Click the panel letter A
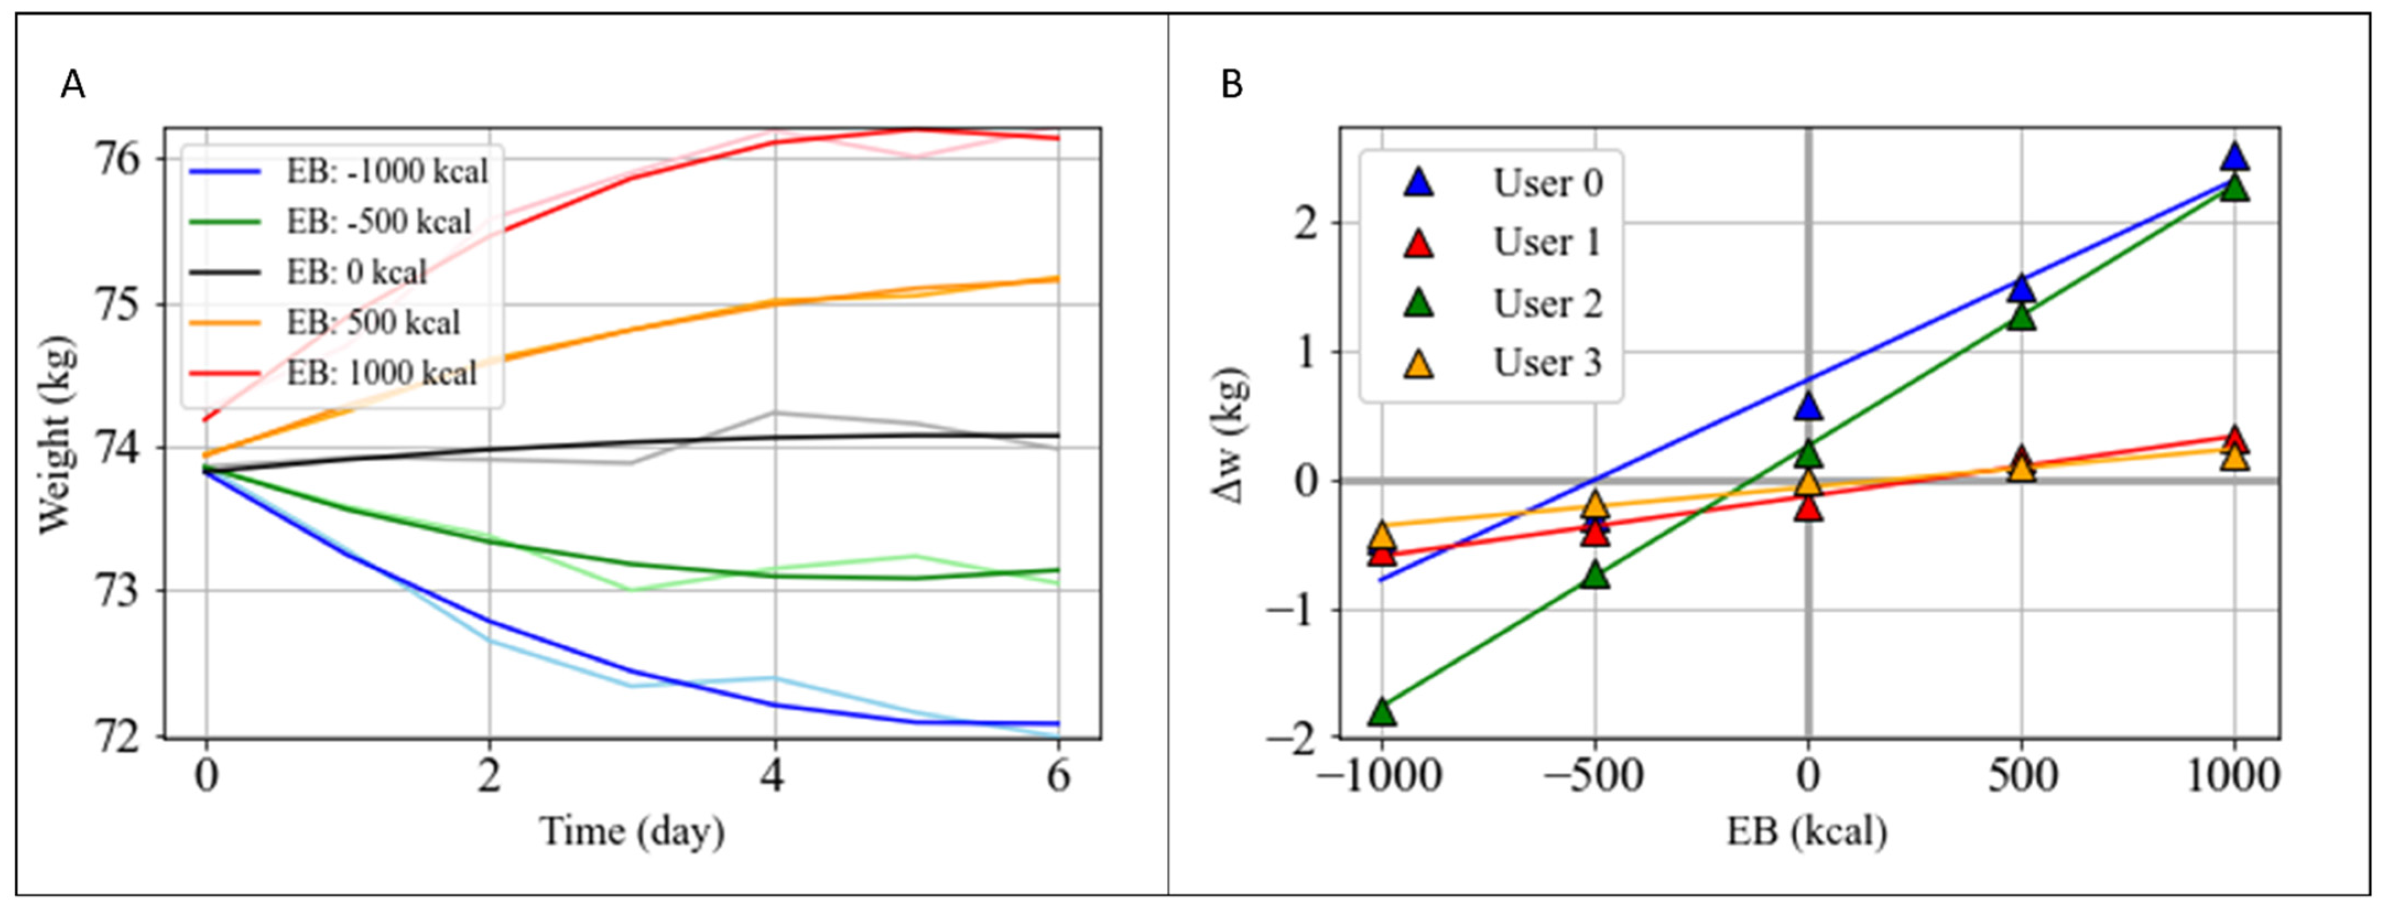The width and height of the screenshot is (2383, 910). click(73, 86)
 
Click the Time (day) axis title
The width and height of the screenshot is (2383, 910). click(632, 831)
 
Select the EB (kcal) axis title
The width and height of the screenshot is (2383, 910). click(1807, 831)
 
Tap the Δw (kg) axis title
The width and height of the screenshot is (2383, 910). click(1231, 435)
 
